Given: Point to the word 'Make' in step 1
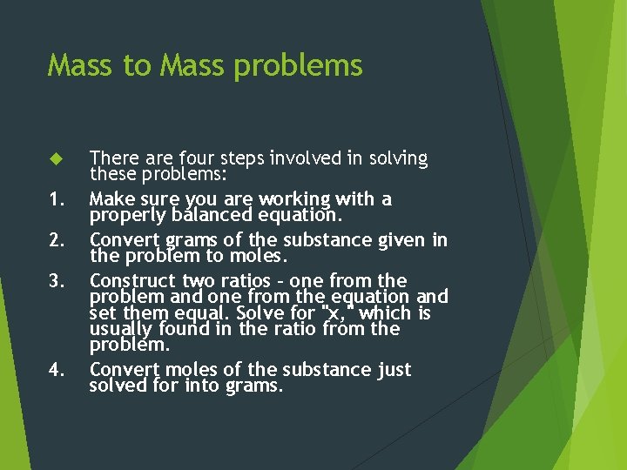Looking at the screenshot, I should tap(111, 199).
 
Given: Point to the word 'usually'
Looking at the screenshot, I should tap(121, 330).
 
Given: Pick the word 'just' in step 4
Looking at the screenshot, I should tap(394, 370).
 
